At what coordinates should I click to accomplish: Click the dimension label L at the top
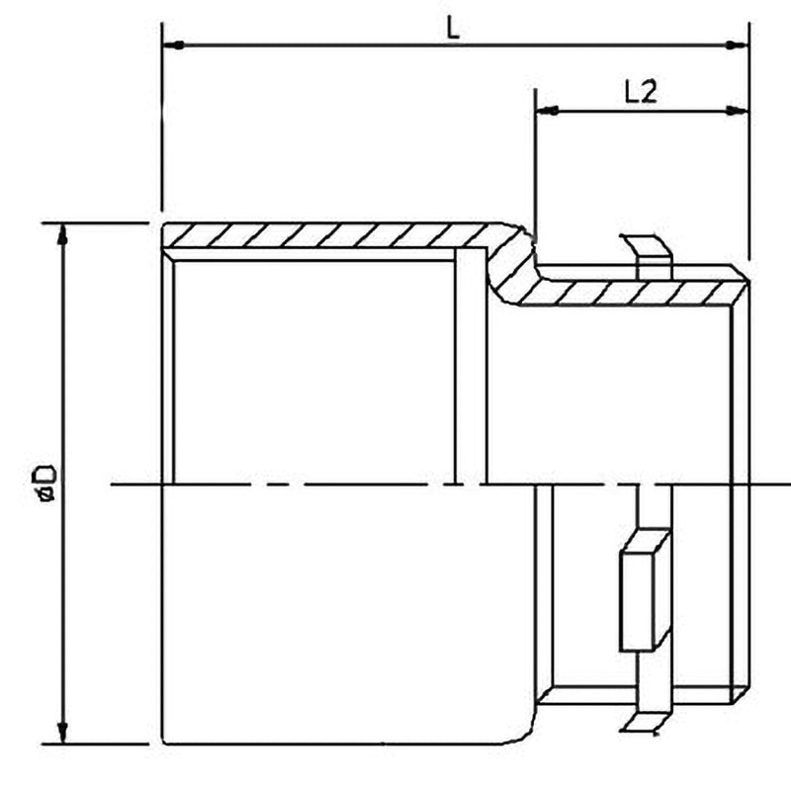pyautogui.click(x=454, y=29)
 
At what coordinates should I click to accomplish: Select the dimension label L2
pyautogui.click(x=641, y=92)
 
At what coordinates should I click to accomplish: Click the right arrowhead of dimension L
pyautogui.click(x=737, y=45)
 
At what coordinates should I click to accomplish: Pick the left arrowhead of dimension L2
pyautogui.click(x=547, y=110)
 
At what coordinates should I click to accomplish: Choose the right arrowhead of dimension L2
pyautogui.click(x=737, y=110)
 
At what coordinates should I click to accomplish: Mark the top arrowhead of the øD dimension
pyautogui.click(x=62, y=234)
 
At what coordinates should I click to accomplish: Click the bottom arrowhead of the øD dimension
pyautogui.click(x=62, y=732)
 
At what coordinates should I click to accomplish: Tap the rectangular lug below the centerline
pyautogui.click(x=645, y=589)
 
